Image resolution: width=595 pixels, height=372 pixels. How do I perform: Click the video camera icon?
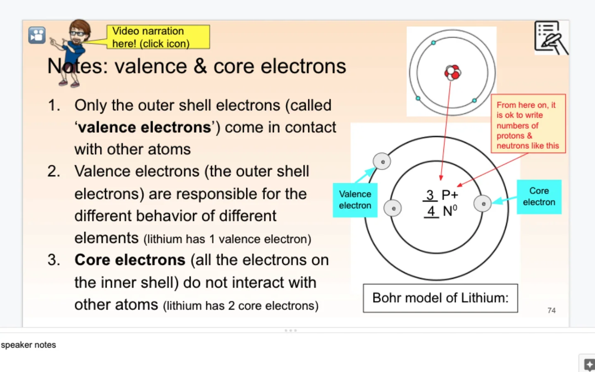(37, 35)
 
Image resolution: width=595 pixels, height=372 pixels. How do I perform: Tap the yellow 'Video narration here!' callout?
(158, 37)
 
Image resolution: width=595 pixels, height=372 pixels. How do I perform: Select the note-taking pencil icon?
(551, 38)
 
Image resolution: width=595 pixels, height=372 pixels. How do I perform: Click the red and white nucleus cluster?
(452, 72)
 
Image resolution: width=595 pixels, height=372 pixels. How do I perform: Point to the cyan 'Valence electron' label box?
(355, 200)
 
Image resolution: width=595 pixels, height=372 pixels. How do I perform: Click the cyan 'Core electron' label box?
(539, 197)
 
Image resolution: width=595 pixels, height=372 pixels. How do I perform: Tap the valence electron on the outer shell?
(382, 162)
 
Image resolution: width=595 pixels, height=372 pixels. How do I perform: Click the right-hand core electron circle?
(483, 204)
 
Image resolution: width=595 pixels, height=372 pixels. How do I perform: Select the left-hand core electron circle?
(393, 208)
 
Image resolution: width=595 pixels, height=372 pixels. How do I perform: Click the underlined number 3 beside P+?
(430, 195)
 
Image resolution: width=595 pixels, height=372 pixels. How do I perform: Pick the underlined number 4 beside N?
(431, 211)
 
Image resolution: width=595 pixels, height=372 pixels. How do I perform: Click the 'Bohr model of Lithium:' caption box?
(440, 298)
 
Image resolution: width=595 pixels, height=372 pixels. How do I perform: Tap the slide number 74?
(551, 310)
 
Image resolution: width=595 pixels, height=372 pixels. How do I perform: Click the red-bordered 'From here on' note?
(528, 124)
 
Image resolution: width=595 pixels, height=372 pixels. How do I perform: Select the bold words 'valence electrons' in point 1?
(145, 128)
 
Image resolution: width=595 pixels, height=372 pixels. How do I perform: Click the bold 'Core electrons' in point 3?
(130, 260)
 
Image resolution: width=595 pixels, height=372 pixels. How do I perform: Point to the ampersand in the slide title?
(200, 66)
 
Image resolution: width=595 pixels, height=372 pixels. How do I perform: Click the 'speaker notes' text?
(29, 345)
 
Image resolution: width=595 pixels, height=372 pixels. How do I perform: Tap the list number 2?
(54, 172)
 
